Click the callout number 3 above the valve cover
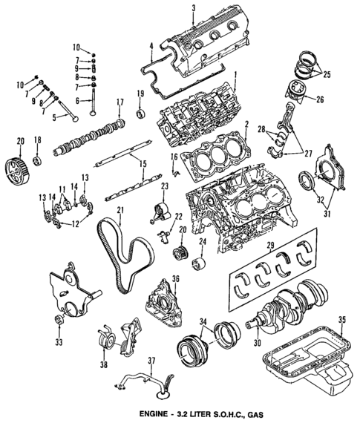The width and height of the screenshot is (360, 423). (193, 8)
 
